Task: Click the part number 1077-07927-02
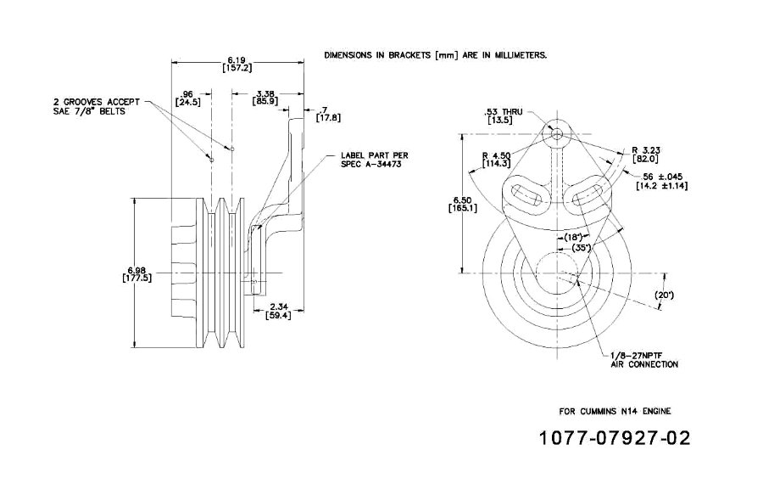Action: coord(615,440)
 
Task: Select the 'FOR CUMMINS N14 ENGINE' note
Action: coord(615,411)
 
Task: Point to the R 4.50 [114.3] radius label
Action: coord(495,160)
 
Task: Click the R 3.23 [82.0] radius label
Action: coord(649,155)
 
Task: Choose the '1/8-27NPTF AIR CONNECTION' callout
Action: coord(644,360)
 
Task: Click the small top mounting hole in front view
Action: coord(556,134)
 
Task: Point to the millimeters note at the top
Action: coord(435,54)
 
